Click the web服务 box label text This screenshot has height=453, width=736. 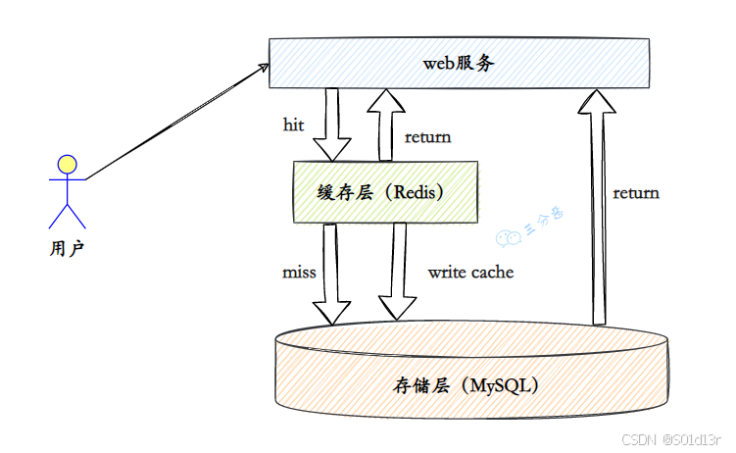(459, 64)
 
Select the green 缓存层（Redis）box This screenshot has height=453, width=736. (386, 192)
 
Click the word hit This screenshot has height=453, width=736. (293, 126)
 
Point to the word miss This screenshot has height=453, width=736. (298, 272)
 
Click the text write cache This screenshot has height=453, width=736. (470, 272)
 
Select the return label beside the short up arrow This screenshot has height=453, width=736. (428, 136)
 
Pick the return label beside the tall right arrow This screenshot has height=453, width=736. (636, 192)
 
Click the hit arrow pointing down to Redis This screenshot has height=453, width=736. (332, 123)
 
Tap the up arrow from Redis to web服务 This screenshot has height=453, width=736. (385, 123)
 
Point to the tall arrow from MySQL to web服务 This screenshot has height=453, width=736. (600, 206)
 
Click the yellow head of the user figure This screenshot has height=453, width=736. (67, 164)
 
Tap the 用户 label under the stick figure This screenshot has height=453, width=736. (66, 248)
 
